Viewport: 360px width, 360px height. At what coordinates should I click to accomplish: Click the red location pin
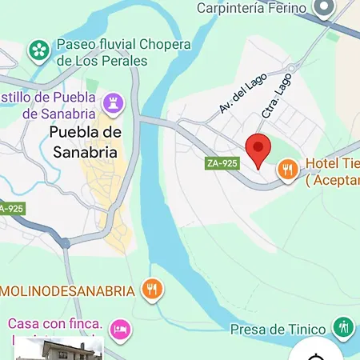(x=258, y=149)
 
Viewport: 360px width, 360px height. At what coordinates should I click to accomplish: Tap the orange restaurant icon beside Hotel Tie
(x=288, y=169)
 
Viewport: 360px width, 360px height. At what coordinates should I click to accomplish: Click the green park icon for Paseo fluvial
(x=38, y=52)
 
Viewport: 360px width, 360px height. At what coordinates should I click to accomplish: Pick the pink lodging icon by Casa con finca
(x=120, y=328)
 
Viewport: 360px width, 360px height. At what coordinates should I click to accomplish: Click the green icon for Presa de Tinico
(x=343, y=326)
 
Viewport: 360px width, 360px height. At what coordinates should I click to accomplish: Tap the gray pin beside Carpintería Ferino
(x=324, y=10)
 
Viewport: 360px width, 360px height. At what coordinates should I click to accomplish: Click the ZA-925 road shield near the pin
(x=222, y=163)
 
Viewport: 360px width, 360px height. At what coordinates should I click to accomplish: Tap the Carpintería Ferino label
(x=251, y=8)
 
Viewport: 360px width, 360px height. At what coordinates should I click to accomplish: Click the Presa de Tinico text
(x=278, y=329)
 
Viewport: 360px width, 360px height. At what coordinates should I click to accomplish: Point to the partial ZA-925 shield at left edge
(x=10, y=209)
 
